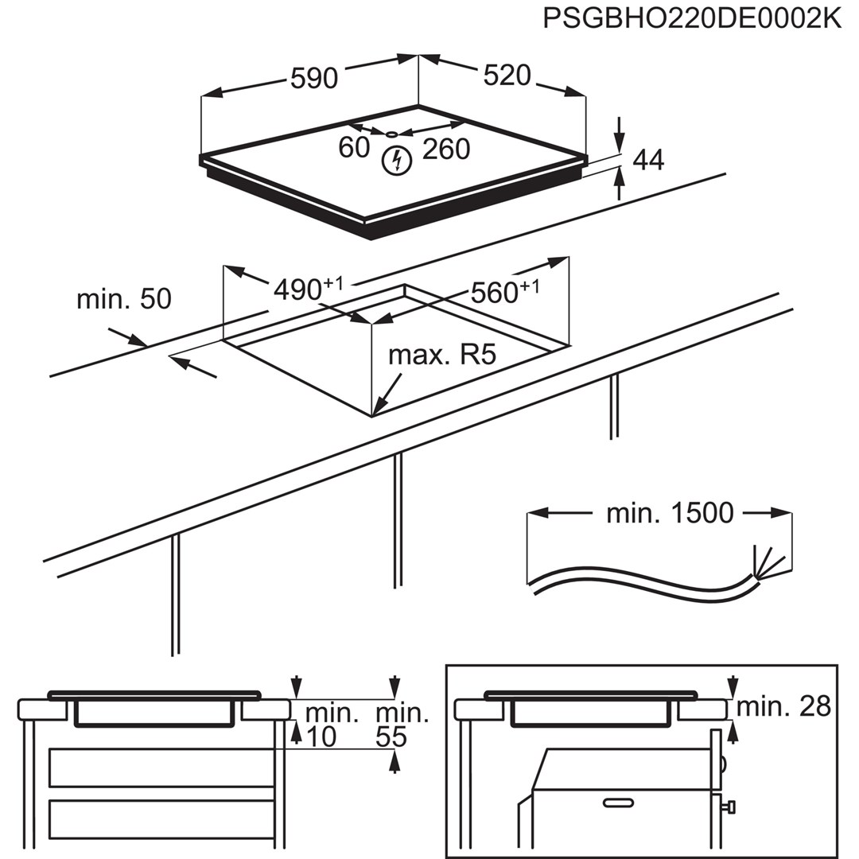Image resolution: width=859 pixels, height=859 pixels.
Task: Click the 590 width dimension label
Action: (x=313, y=78)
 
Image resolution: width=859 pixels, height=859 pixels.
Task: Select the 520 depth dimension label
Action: (x=507, y=75)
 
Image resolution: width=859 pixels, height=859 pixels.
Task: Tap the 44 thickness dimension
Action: (x=647, y=160)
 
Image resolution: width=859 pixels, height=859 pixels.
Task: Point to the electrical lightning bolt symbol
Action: (x=395, y=161)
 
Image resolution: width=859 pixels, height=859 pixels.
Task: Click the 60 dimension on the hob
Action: (x=354, y=148)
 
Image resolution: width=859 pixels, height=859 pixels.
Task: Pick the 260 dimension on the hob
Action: (x=445, y=149)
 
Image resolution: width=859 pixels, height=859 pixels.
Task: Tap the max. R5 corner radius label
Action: (x=441, y=355)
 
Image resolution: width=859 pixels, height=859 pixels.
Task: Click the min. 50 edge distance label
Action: (x=123, y=299)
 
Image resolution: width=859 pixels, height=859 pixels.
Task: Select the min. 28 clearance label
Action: (x=783, y=705)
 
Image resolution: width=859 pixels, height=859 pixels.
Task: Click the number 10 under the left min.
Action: (x=321, y=737)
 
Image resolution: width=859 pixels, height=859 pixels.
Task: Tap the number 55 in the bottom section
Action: (x=391, y=737)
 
